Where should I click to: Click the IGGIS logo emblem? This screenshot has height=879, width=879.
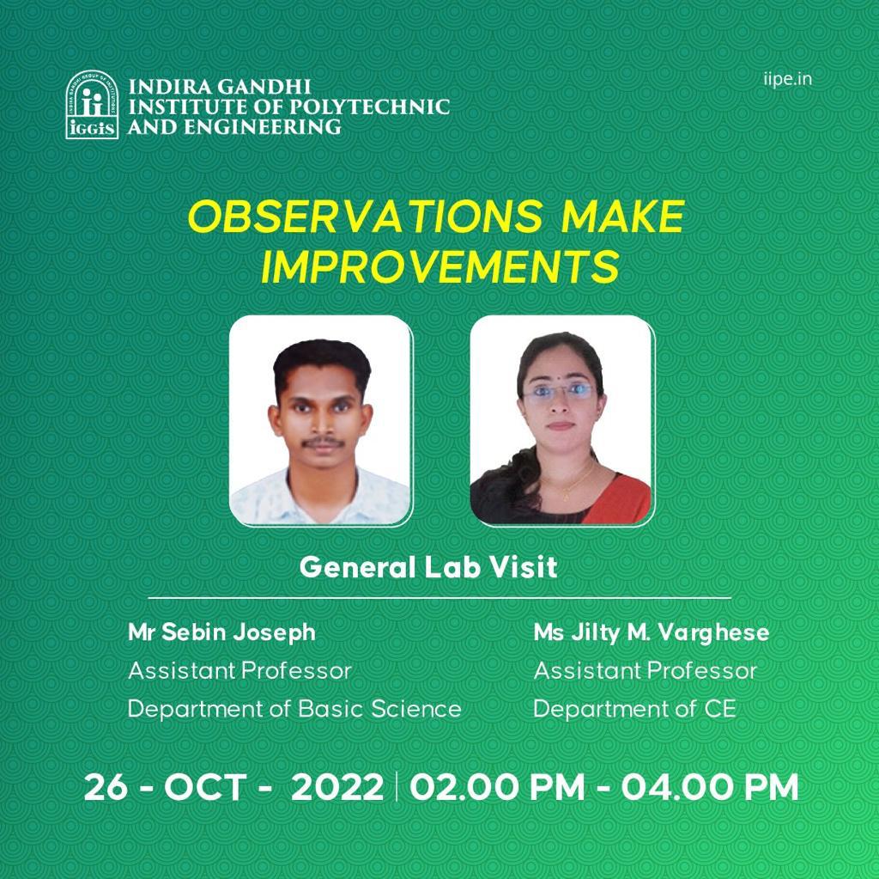92,105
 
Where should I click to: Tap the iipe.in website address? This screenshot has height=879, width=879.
787,78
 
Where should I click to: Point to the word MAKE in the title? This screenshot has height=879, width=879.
623,217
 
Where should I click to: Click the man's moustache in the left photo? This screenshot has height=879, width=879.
323,443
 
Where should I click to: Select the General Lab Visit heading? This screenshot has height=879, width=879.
428,567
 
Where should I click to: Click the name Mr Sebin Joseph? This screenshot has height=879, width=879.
222,632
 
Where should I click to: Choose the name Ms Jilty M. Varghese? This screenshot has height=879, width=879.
652,632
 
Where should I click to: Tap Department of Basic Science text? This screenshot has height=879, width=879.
295,709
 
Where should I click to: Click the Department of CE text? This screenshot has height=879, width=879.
634,709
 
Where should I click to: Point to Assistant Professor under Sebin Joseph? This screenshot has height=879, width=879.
240,671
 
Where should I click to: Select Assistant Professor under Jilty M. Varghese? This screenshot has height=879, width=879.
646,671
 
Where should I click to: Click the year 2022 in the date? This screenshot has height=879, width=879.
337,787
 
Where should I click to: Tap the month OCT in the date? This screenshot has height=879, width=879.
204,787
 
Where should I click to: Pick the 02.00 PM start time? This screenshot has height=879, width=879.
498,787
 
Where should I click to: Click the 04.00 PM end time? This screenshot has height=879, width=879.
710,787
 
